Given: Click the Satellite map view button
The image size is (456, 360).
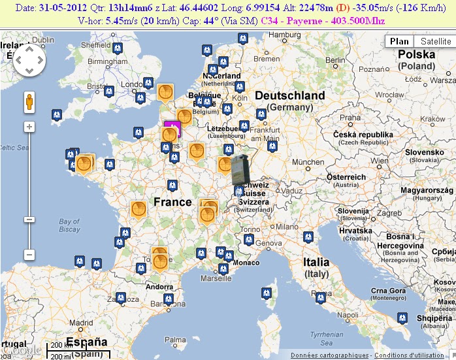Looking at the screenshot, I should point(436,41).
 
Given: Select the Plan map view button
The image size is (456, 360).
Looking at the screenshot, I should point(399,41).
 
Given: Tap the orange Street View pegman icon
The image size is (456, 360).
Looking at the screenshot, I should point(29,103).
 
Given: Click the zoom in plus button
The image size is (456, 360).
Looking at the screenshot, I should point(29,126).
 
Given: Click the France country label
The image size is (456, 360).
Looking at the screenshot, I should point(172,202).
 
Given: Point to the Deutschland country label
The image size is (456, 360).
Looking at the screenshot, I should point(289,95).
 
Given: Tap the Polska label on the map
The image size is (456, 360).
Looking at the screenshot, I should point(417,54).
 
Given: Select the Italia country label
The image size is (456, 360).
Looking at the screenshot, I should point(316,262).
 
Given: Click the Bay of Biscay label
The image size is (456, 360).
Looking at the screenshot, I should point(69,225).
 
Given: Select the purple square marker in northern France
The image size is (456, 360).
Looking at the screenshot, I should point(172,127).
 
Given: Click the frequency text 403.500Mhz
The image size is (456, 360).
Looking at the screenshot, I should point(356,21).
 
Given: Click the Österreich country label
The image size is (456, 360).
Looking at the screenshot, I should point(346,177).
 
